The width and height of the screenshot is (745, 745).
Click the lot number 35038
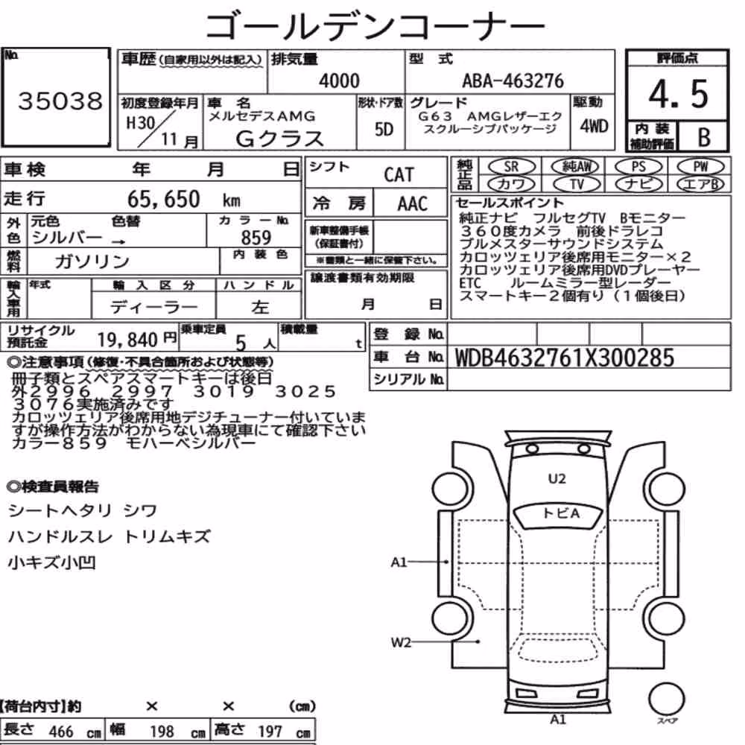click(60, 101)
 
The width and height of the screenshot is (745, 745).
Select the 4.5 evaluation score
click(678, 94)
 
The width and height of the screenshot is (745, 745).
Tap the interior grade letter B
click(704, 137)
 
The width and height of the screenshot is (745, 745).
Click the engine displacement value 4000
click(339, 80)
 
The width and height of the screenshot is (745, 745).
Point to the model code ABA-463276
click(513, 80)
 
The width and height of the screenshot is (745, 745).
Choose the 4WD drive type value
click(594, 126)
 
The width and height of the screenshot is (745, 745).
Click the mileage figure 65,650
click(163, 199)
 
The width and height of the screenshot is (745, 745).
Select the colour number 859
click(256, 238)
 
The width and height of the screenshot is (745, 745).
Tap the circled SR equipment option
click(512, 167)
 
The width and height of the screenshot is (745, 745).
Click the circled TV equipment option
click(577, 184)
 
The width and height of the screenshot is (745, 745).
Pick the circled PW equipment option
click(700, 167)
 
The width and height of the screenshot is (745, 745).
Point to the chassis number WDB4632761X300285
click(565, 358)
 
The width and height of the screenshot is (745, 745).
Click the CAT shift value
click(399, 175)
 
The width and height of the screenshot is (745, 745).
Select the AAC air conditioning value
click(413, 204)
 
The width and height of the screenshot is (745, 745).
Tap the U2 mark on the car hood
click(557, 478)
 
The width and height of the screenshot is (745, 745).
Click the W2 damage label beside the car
click(401, 642)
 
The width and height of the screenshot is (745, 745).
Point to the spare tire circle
click(666, 699)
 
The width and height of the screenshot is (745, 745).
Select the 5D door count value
click(384, 129)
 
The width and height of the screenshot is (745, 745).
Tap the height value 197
click(270, 732)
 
